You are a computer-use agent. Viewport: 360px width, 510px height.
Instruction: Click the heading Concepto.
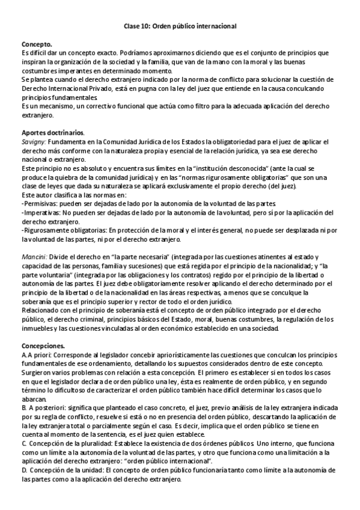tap(37, 45)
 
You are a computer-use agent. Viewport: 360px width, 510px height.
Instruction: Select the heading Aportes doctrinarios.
tap(53, 132)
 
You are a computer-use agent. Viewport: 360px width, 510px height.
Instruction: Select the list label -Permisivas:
tap(40, 204)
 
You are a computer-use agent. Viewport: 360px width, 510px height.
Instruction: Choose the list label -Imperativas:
tap(41, 213)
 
